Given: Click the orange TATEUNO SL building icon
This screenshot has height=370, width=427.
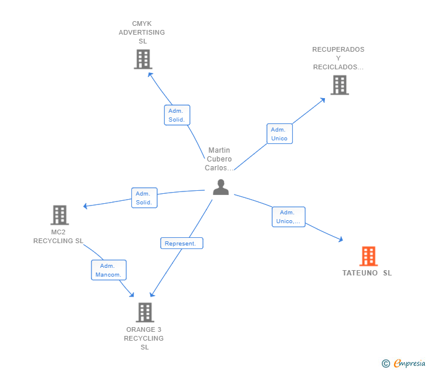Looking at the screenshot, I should [368, 256].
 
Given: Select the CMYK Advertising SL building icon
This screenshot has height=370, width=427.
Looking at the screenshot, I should [143, 59].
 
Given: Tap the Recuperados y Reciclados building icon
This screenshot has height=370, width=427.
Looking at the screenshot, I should [339, 85].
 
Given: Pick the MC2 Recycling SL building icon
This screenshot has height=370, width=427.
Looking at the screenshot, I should [59, 215].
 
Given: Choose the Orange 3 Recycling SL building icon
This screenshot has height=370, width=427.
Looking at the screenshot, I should [145, 312].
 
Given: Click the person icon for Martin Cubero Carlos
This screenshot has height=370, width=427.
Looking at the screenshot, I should [221, 187].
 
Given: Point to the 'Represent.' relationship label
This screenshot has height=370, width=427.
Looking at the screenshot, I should [182, 243].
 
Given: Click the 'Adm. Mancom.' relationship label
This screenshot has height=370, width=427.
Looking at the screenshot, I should [109, 270].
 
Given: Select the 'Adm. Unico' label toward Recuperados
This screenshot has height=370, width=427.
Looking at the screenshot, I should [279, 134].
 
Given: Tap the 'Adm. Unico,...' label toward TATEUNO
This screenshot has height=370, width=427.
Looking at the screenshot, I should [289, 217].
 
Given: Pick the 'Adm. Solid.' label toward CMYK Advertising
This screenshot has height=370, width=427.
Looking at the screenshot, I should [177, 115].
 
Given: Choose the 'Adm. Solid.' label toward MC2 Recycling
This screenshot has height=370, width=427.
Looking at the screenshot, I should [144, 198].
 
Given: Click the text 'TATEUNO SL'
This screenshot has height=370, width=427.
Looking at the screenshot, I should [367, 273].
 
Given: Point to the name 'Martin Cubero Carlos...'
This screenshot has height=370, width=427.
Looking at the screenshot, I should [219, 159].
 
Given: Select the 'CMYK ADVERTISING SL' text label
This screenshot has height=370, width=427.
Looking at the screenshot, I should [142, 32].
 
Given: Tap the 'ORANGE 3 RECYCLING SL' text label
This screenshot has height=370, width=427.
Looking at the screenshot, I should [144, 338].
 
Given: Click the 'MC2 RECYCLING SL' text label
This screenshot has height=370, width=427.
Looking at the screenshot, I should [59, 236].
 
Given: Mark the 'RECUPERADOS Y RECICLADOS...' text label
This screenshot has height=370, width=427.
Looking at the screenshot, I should [338, 58].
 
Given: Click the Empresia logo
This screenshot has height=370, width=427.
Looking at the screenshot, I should [404, 363].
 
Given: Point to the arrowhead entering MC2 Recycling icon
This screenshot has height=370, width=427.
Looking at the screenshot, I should [86, 206].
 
